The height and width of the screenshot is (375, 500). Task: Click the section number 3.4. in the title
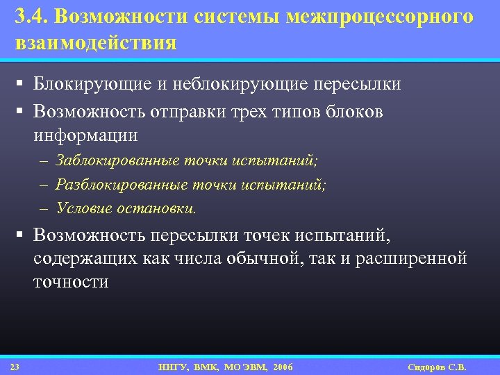[30, 17]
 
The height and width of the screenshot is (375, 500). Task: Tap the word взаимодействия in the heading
[96, 43]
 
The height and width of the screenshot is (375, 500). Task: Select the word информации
[85, 134]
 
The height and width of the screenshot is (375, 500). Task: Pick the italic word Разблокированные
[119, 185]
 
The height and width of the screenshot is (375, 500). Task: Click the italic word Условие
[83, 208]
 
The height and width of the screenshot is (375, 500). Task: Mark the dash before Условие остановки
[44, 208]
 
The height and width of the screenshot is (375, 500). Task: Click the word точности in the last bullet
[71, 282]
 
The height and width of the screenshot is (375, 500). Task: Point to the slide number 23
[15, 366]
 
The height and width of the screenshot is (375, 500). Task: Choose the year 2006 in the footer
[283, 366]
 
